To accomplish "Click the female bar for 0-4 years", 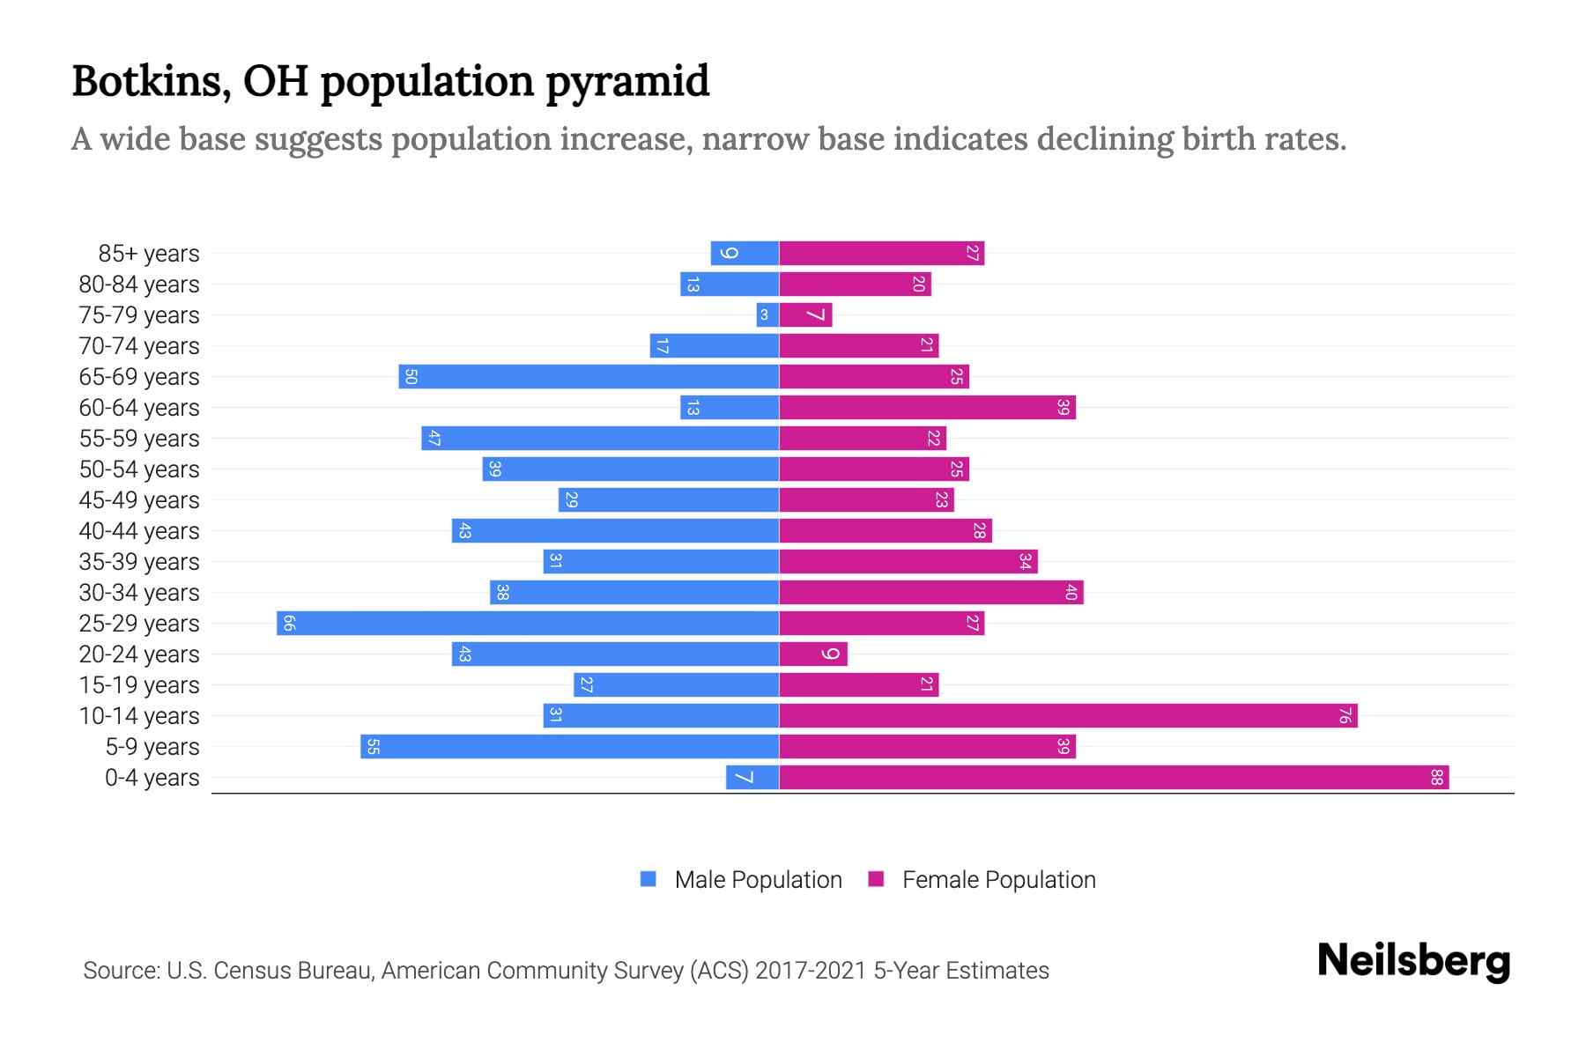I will (x=1114, y=777).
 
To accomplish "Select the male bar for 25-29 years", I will (x=528, y=623).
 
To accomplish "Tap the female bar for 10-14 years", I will (x=1068, y=715).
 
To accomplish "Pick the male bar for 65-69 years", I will (x=589, y=376).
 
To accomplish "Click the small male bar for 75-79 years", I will (x=767, y=314).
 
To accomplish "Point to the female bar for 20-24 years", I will (x=813, y=654).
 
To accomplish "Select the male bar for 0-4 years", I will (x=752, y=777).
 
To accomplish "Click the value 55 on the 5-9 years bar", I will (x=373, y=747).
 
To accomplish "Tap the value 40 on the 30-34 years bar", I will (x=1071, y=593).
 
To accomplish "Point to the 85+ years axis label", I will (x=148, y=254).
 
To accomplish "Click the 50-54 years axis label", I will (x=139, y=469).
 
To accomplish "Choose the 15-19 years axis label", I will (x=139, y=685).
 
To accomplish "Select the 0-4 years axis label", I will (x=152, y=778).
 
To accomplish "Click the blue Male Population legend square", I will (x=648, y=879).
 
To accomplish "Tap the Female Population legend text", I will (x=998, y=880).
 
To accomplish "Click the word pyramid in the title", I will (x=626, y=82).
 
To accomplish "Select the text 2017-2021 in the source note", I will (x=811, y=971).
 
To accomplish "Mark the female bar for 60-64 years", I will (x=927, y=407).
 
